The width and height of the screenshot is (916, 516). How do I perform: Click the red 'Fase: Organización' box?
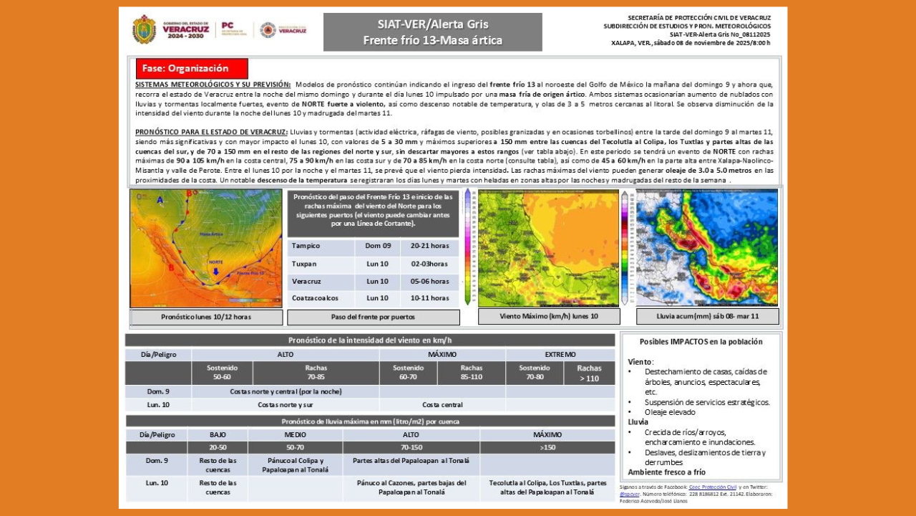pos(192,69)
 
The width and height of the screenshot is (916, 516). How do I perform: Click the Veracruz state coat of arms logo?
pos(144,29)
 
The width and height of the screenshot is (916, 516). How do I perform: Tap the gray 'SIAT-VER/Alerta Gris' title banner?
pos(432,32)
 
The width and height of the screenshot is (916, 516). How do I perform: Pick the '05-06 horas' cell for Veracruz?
pos(429,281)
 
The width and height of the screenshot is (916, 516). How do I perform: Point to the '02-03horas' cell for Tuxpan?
pos(429,264)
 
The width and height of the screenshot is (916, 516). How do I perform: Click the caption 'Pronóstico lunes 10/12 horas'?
pos(206,317)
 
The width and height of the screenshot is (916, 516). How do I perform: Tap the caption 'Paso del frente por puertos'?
pos(373,317)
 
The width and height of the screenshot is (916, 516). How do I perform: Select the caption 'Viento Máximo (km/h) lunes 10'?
pos(549,316)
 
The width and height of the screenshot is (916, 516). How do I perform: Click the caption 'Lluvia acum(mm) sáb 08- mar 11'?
pos(707,316)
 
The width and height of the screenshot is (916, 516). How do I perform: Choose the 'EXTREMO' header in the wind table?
pos(560,355)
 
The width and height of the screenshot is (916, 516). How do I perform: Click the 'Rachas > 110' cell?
pos(589,373)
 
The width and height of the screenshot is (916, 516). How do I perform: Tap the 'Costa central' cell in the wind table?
pos(442,405)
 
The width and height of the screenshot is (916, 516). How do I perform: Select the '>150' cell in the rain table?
pos(547,448)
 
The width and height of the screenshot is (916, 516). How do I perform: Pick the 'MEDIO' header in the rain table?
pos(295,435)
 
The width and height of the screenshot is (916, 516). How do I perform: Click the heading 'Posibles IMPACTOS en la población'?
pos(701,342)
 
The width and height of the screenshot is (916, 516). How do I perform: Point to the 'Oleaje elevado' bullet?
pos(670,412)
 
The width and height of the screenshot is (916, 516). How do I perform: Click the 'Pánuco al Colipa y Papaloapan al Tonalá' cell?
pos(295,465)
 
